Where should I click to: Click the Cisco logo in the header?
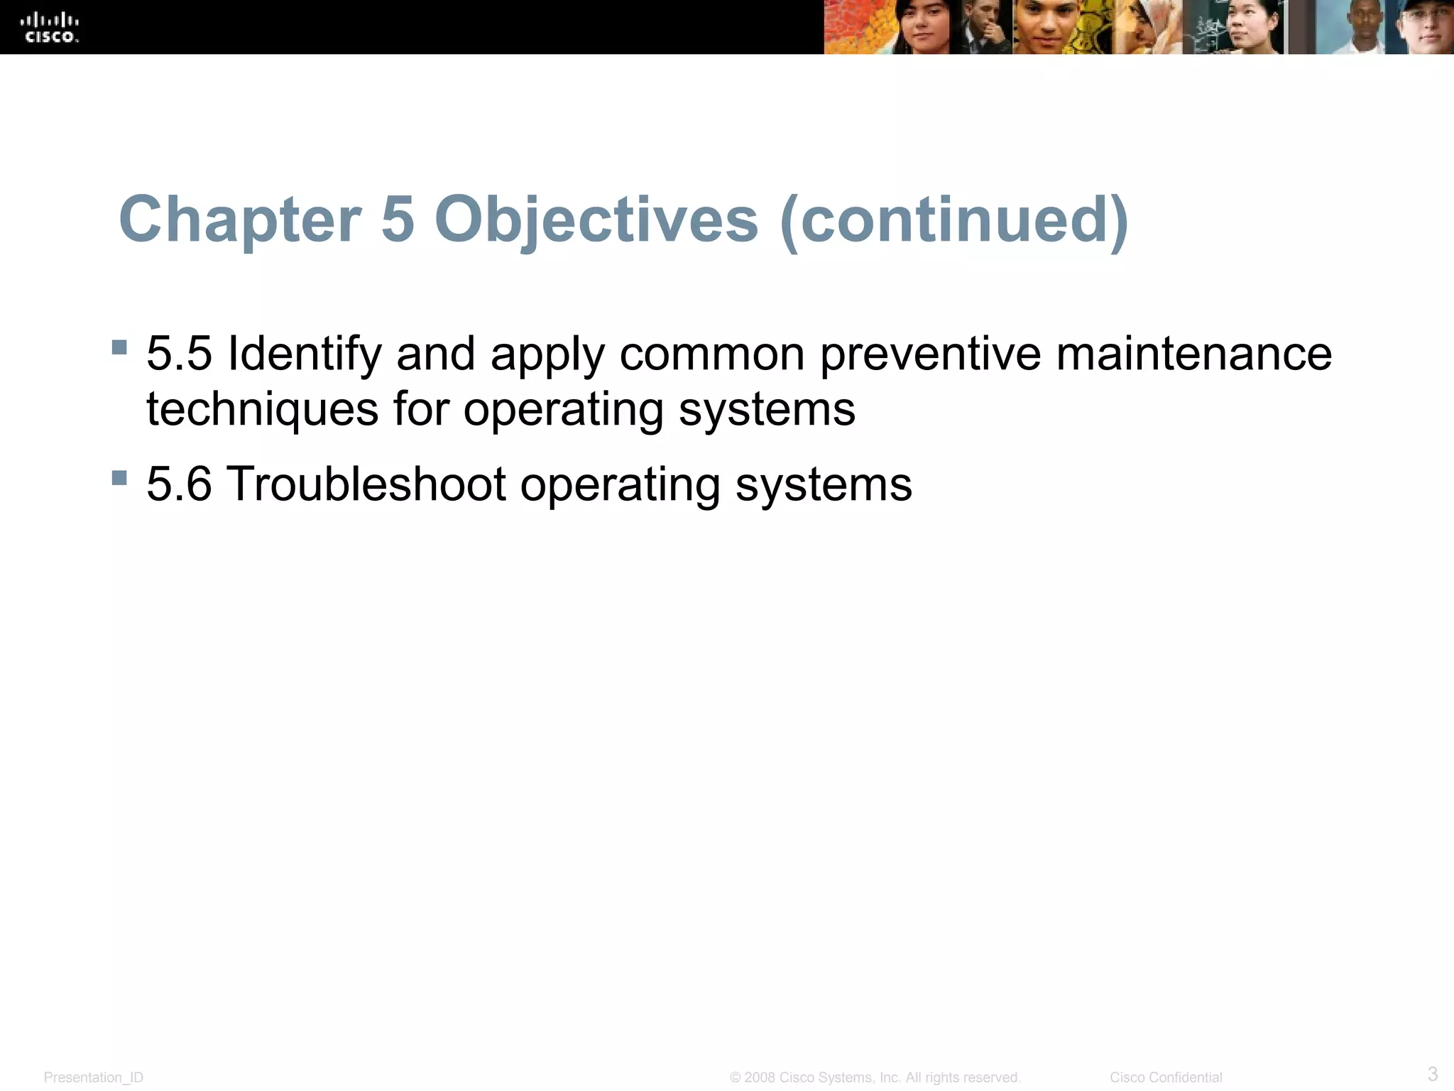[x=52, y=28]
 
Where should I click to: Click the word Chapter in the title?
[x=240, y=219]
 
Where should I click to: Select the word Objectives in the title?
[x=596, y=219]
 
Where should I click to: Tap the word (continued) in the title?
[x=953, y=219]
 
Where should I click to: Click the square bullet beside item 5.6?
[x=119, y=477]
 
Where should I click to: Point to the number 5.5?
[x=179, y=353]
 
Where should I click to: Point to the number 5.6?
[x=179, y=484]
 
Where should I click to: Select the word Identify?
[x=304, y=354]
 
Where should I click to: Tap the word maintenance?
[x=1193, y=353]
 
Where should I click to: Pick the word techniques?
[x=262, y=410]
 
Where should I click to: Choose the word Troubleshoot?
[x=366, y=484]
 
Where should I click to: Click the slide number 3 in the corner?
[x=1432, y=1073]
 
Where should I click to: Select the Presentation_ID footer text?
[x=93, y=1078]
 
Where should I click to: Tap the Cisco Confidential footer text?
[x=1166, y=1078]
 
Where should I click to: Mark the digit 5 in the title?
[x=398, y=219]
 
